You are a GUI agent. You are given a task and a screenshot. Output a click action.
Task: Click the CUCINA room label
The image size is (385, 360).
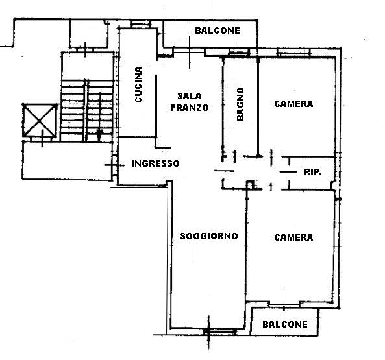click(138, 84)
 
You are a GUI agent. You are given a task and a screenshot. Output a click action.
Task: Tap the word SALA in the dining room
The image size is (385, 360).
click(190, 96)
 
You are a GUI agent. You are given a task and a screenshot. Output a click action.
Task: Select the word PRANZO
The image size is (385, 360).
click(190, 108)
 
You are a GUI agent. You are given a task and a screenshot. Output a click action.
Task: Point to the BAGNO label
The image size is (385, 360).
click(240, 104)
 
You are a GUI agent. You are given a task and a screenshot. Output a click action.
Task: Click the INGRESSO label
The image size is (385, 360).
click(155, 163)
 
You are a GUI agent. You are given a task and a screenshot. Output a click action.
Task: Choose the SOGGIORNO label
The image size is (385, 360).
click(209, 236)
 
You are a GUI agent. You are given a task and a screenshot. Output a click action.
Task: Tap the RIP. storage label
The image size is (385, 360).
click(313, 172)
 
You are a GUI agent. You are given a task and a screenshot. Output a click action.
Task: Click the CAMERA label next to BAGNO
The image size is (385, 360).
click(293, 104)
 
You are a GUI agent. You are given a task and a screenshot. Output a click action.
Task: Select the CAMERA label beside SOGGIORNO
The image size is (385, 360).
click(293, 237)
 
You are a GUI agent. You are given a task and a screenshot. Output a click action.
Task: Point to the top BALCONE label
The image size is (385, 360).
click(217, 30)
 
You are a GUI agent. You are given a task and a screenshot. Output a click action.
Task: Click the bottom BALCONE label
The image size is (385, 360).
click(285, 324)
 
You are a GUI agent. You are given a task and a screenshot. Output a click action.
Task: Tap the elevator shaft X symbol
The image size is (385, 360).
click(40, 120)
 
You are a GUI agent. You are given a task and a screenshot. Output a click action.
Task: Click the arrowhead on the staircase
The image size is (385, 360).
click(99, 134)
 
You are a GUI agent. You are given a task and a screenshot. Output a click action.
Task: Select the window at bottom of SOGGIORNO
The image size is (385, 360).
click(219, 331)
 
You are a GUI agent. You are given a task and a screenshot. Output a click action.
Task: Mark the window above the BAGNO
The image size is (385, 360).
click(240, 53)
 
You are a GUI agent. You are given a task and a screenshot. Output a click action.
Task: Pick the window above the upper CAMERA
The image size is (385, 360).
click(293, 53)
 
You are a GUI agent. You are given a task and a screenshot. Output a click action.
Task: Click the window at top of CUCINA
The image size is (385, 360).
click(141, 24)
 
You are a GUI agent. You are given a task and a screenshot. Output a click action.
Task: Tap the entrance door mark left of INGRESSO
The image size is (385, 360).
click(114, 165)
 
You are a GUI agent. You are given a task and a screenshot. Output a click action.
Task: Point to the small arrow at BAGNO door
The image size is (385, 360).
click(234, 156)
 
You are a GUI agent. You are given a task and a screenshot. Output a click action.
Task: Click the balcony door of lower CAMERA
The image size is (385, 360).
click(284, 305)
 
